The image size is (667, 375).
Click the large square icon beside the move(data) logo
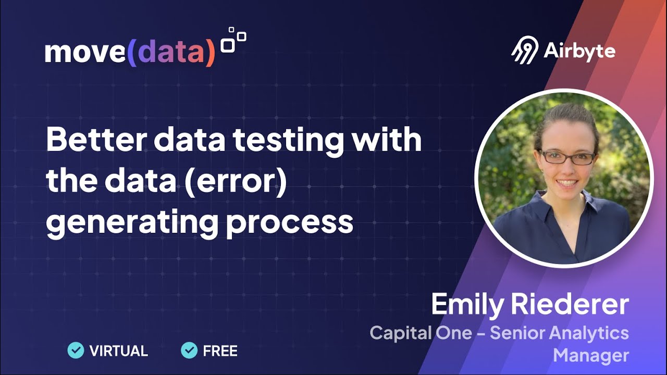click(x=228, y=45)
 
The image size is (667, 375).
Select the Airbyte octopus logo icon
click(x=524, y=50)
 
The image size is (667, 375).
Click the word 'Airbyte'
click(x=579, y=51)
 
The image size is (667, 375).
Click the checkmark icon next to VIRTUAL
click(x=76, y=351)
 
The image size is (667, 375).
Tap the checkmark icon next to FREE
click(x=189, y=351)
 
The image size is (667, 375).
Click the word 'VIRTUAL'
click(x=119, y=351)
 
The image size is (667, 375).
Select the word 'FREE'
click(x=220, y=351)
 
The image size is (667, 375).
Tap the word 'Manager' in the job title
click(x=590, y=355)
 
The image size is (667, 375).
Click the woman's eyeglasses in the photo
click(x=566, y=156)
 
